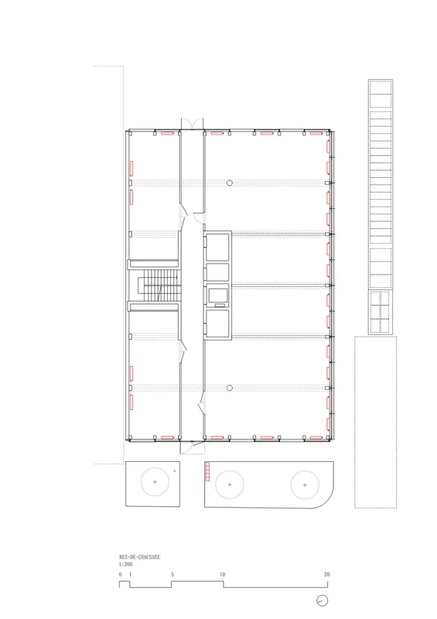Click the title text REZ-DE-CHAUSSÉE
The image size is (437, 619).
(139, 557)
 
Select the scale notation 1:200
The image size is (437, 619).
(125, 564)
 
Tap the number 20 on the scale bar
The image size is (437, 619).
(326, 574)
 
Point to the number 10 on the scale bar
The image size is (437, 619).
(222, 574)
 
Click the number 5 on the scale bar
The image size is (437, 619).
(172, 574)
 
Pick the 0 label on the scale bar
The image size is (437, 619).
(121, 574)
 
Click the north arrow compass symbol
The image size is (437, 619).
(322, 601)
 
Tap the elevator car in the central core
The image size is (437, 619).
(218, 295)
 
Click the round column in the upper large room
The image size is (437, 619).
(230, 183)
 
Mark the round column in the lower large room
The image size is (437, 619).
(230, 388)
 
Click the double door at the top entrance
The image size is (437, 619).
(192, 123)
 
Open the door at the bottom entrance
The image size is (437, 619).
(193, 447)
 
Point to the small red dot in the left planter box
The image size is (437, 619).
(174, 470)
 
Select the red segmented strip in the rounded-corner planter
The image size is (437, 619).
(207, 472)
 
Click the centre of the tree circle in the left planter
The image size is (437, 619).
(155, 481)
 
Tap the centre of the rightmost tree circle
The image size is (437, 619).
(305, 485)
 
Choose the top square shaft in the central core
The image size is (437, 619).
(217, 247)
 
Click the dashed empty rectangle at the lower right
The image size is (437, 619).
(375, 422)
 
